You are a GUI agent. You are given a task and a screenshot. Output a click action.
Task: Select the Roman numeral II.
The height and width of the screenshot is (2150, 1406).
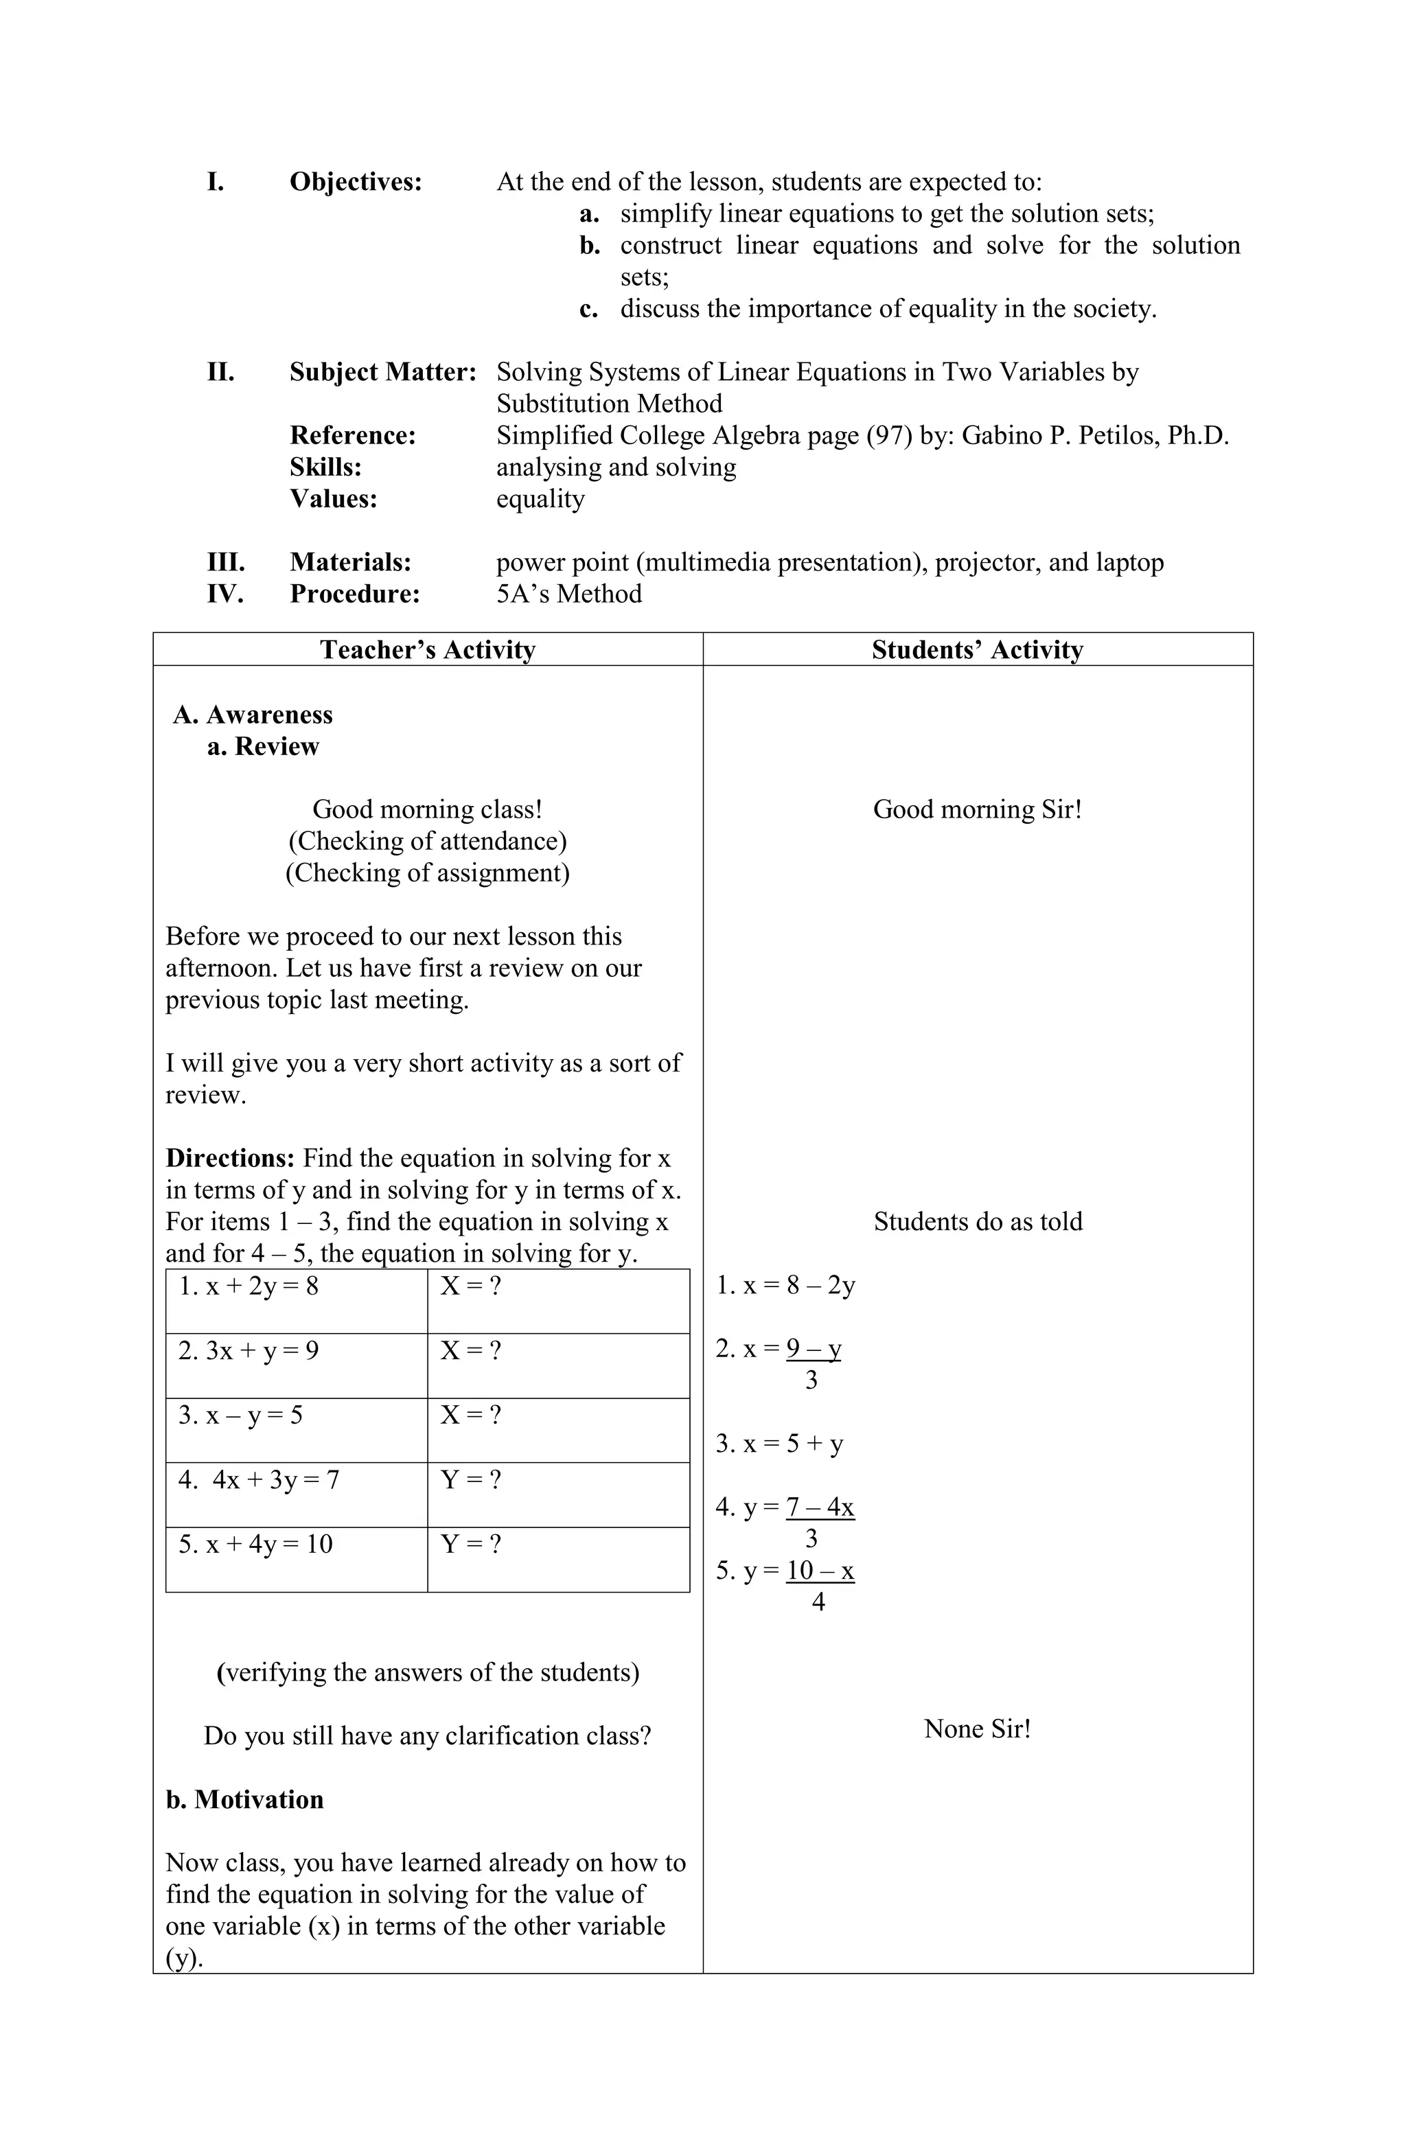[x=220, y=372]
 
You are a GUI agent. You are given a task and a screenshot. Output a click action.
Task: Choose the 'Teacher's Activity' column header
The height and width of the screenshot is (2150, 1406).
[x=428, y=649]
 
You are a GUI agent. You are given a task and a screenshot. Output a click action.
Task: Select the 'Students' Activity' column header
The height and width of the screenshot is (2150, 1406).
[x=977, y=649]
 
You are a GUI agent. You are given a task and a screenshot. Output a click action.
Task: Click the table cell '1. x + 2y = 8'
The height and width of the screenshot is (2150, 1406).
[x=249, y=1286]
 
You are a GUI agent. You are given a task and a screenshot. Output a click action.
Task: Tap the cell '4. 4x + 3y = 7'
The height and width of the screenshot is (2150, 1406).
[x=258, y=1480]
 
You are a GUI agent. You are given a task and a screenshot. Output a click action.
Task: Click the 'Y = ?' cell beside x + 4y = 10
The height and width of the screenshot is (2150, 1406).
[x=470, y=1544]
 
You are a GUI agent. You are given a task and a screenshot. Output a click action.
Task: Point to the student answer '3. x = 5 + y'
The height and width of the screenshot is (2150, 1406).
[x=779, y=1444]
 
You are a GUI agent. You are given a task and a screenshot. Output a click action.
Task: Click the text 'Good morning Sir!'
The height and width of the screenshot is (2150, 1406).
[x=977, y=809]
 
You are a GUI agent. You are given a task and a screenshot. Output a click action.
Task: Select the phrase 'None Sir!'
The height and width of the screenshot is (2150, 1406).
[x=977, y=1729]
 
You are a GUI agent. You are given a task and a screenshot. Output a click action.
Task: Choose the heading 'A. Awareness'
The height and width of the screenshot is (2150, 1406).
[x=253, y=715]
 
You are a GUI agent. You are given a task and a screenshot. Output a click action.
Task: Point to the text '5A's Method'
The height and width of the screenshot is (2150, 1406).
[x=569, y=594]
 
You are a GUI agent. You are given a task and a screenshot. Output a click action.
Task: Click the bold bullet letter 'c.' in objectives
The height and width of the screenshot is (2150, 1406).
[x=589, y=310]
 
